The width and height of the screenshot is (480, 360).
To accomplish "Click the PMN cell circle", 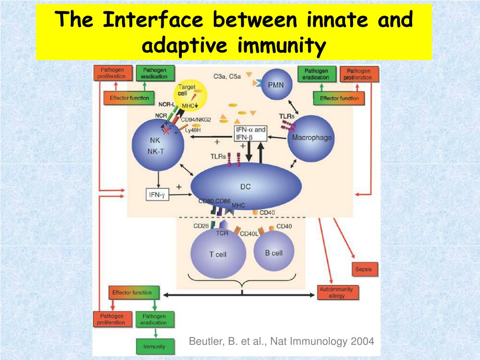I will [x=276, y=84].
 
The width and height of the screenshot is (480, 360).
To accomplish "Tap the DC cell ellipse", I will [x=246, y=187].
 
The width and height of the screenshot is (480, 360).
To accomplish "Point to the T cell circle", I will [x=217, y=254].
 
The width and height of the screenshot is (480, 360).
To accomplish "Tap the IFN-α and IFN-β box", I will [x=250, y=134].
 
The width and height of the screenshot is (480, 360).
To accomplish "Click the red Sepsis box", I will [x=364, y=270].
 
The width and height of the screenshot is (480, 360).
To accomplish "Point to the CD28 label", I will [x=201, y=226].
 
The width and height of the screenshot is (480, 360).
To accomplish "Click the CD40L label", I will [x=249, y=233].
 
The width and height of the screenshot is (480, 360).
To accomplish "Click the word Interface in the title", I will [x=153, y=20].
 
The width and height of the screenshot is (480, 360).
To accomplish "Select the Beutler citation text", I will [x=281, y=341].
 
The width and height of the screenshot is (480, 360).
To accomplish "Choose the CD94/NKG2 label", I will [x=196, y=120].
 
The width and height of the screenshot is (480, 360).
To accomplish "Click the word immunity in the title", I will [x=281, y=46].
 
